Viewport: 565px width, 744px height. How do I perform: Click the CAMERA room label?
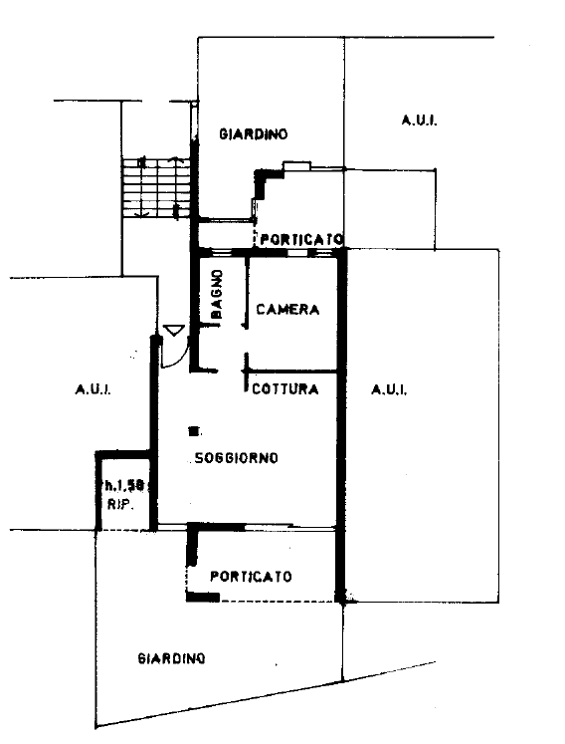287,310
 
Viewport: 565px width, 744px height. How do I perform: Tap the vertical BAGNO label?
217,294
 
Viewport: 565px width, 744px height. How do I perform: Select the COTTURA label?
284,389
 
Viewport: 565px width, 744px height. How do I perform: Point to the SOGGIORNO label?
237,458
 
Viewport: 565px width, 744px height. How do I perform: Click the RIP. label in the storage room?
120,505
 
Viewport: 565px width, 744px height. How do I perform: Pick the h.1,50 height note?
124,485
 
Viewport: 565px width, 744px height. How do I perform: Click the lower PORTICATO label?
251,577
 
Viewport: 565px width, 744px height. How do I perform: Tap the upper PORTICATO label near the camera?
301,239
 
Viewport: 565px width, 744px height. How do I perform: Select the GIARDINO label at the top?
253,134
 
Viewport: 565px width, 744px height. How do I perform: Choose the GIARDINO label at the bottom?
171,658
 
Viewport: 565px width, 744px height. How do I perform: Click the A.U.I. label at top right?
420,121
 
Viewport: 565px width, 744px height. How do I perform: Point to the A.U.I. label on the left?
94,390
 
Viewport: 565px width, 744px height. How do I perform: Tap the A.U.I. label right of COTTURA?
389,390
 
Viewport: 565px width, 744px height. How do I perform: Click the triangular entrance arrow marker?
173,330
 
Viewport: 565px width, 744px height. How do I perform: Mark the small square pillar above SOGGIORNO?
193,431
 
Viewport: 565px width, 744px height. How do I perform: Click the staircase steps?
156,188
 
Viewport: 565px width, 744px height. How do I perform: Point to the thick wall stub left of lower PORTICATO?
192,545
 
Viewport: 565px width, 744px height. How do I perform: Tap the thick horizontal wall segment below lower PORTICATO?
203,597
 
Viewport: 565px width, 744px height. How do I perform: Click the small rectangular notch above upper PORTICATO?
297,165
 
